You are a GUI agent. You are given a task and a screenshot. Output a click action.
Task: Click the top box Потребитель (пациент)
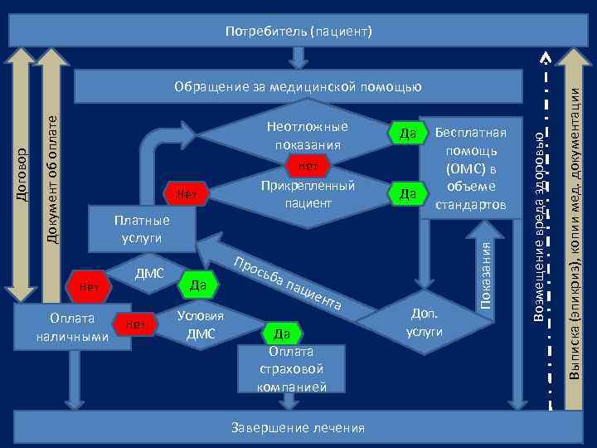pyautogui.click(x=298, y=32)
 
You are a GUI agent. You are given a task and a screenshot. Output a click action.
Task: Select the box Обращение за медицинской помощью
pyautogui.click(x=298, y=85)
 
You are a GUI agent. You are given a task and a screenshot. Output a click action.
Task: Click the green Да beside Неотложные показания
pyautogui.click(x=407, y=134)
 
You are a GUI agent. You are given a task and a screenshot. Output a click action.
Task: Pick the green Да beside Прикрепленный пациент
pyautogui.click(x=407, y=193)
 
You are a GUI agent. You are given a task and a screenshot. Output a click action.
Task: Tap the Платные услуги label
pyautogui.click(x=141, y=228)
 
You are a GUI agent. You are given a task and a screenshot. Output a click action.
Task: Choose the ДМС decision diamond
pyautogui.click(x=149, y=274)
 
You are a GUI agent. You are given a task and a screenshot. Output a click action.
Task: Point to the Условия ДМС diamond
pyautogui.click(x=201, y=325)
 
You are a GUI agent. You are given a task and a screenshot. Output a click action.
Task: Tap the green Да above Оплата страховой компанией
pyautogui.click(x=281, y=334)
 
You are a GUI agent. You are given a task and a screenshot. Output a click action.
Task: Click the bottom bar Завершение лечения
pyautogui.click(x=298, y=428)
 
